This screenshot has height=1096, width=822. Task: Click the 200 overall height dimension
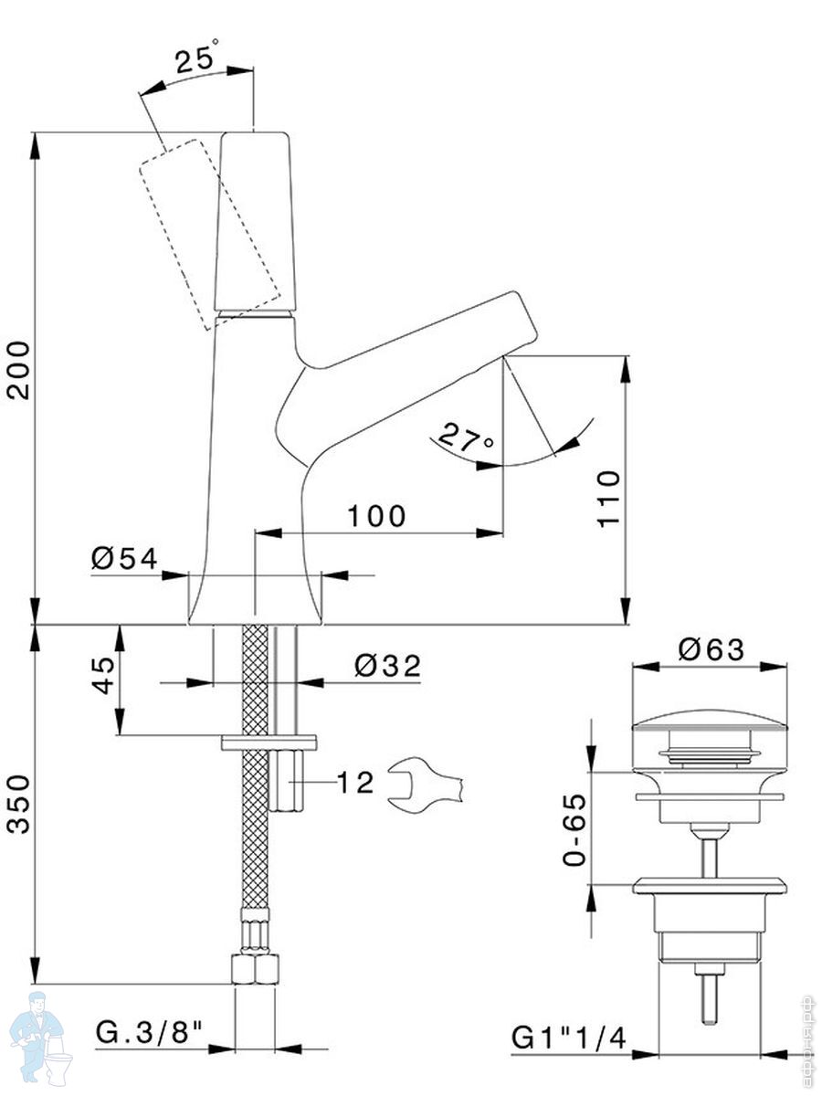(x=20, y=369)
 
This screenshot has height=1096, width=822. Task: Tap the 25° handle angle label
(x=197, y=61)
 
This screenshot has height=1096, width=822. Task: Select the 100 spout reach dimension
(x=376, y=516)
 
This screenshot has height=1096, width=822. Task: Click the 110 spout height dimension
(x=609, y=497)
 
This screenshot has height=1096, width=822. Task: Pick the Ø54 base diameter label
(x=125, y=559)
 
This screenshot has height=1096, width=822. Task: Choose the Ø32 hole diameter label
(x=388, y=666)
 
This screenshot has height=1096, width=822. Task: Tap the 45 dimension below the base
(x=106, y=675)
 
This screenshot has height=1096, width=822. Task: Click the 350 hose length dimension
(x=20, y=805)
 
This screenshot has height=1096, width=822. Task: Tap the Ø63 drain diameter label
(x=711, y=649)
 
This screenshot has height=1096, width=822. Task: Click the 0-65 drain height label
(x=574, y=829)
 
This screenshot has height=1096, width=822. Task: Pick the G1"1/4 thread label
(x=568, y=1037)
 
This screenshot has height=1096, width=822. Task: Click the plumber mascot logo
(x=41, y=1040)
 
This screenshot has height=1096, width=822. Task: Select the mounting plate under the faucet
(x=269, y=742)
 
